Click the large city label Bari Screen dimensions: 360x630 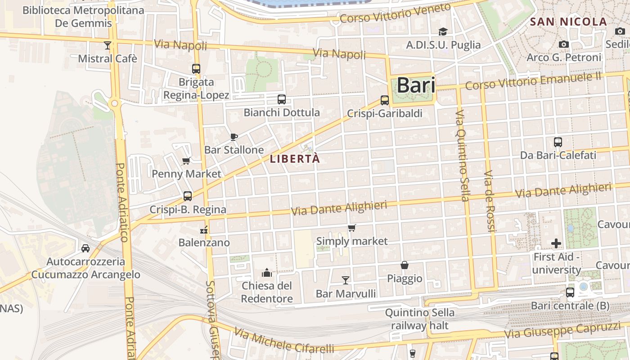point(416,85)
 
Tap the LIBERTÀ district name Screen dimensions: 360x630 point(295,159)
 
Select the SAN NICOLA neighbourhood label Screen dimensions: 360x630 point(568,22)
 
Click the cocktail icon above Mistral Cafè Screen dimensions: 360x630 point(107,45)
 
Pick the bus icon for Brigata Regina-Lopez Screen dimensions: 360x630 point(196,69)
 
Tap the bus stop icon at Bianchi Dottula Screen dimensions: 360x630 point(282,99)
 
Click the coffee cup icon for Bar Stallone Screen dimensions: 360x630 point(234,137)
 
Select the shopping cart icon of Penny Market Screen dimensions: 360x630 point(186,161)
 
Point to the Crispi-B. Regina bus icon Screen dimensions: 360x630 point(188,196)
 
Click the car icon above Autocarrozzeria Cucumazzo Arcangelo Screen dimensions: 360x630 point(85,248)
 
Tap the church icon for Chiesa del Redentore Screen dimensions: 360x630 point(267,273)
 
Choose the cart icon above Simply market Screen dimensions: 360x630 point(352,228)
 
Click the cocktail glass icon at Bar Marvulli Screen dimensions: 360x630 point(345,280)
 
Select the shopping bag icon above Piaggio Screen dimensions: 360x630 point(405,265)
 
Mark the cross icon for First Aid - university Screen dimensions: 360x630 point(556,243)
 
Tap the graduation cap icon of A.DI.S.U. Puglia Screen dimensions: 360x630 point(443,31)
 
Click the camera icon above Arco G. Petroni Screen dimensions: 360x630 point(563,44)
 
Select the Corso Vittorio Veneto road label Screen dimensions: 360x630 point(395,13)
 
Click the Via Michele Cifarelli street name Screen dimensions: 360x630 point(284,341)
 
